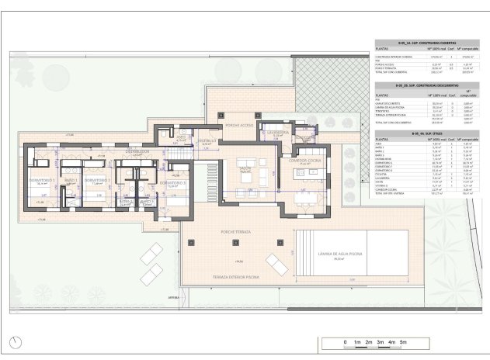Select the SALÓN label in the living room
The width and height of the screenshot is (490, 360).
click(245, 167)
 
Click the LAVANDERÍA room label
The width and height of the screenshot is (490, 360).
click(277, 132)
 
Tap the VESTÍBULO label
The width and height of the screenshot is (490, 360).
click(206, 140)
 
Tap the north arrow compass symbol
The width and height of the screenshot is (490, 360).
click(17, 342)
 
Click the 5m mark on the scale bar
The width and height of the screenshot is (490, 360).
click(403, 341)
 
